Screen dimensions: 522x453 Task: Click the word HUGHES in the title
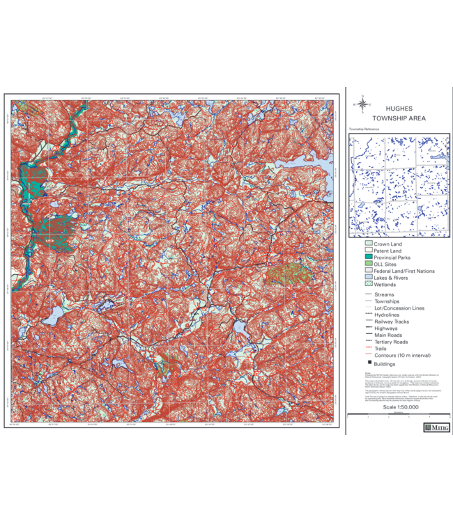pos(398,109)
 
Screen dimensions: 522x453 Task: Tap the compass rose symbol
pos(362,104)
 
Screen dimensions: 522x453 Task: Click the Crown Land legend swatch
pos(368,244)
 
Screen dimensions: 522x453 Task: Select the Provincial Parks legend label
pos(392,258)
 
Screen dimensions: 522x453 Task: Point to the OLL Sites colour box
pos(368,264)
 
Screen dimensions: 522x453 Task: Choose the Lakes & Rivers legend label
pos(391,278)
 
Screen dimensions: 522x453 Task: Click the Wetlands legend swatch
pos(368,285)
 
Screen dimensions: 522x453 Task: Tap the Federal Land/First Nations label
pos(404,271)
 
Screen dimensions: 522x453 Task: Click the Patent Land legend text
pos(388,251)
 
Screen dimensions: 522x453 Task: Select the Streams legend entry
pos(384,294)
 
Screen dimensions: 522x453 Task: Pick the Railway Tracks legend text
pos(392,322)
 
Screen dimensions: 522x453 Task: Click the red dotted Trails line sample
pos(368,349)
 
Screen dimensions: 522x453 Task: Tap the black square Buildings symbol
pos(368,363)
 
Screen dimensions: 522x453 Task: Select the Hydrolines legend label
pos(387,315)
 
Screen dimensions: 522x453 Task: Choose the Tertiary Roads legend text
pos(391,342)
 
